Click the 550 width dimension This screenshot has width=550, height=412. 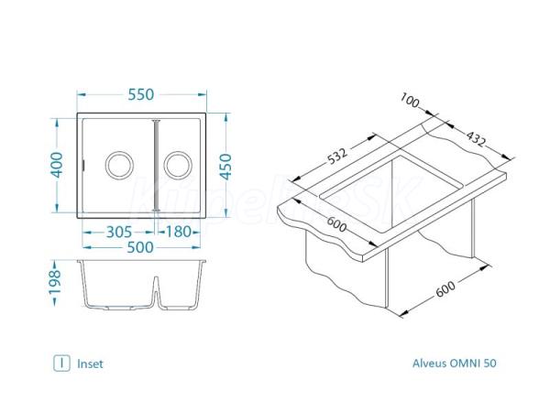point(140,94)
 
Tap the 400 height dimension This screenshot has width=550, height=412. point(57,165)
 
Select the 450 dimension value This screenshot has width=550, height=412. point(226,167)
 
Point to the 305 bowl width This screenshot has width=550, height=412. point(119,232)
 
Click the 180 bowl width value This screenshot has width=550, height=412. point(178,232)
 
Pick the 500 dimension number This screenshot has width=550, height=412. point(140,247)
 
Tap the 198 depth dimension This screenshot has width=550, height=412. point(55,282)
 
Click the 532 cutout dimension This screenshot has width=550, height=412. point(337,157)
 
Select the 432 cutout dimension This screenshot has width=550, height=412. point(476,138)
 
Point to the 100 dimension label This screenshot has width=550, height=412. point(410,100)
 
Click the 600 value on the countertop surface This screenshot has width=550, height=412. point(336,224)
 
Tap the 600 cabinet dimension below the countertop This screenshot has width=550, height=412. point(445,288)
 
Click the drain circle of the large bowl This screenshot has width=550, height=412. point(119,166)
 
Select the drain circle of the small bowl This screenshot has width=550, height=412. point(178,166)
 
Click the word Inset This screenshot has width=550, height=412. point(90,364)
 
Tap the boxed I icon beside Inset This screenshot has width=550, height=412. point(61,363)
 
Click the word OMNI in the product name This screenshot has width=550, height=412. point(465,363)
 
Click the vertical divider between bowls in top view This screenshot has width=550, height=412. point(156,166)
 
